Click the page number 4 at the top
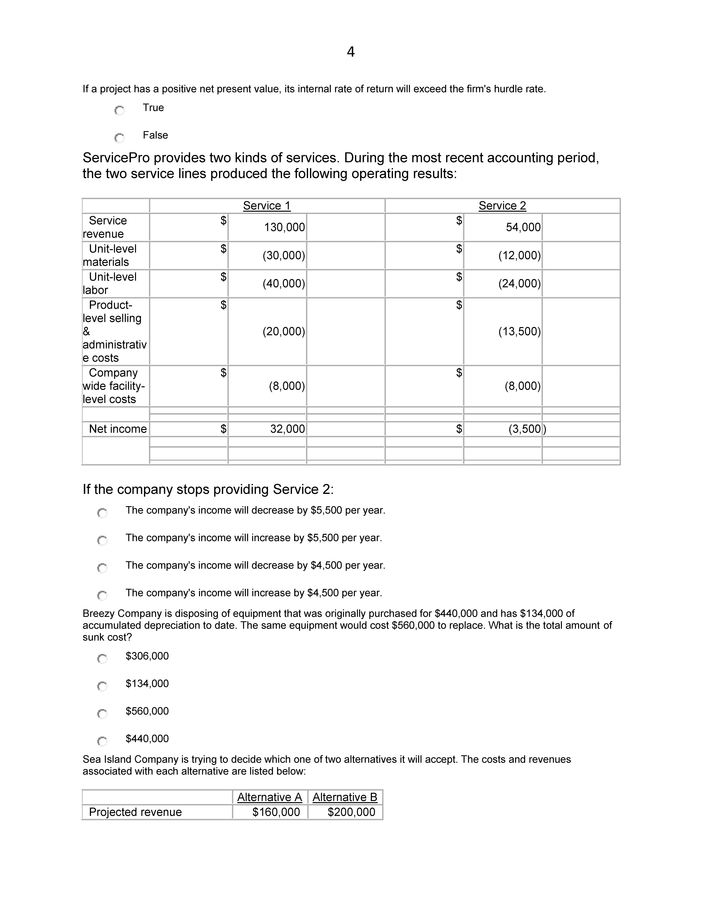point(351,52)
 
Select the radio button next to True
point(119,111)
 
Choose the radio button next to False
point(119,138)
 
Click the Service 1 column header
point(267,206)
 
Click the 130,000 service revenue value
point(285,227)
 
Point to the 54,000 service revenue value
point(523,227)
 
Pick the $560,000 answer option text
point(147,711)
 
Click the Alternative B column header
point(345,797)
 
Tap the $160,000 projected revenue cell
point(276,812)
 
